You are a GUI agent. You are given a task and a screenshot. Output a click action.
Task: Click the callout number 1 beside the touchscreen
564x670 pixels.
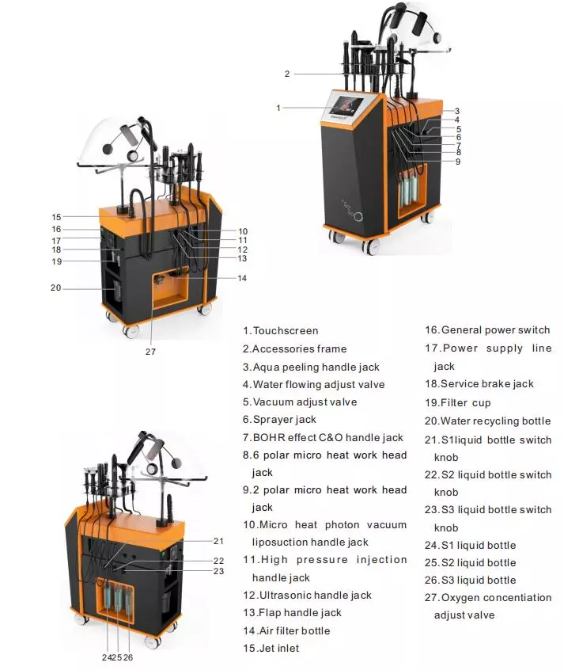[278, 108]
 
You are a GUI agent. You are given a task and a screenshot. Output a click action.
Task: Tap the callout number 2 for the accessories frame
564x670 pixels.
[287, 74]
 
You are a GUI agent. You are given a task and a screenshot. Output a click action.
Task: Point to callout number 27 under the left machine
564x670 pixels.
[150, 352]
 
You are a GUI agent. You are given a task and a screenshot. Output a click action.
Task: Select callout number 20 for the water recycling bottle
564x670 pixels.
[55, 288]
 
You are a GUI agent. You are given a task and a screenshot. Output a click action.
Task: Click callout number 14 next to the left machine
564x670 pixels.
[242, 278]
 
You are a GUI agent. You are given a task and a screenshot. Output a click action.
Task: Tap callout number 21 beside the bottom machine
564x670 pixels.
[218, 542]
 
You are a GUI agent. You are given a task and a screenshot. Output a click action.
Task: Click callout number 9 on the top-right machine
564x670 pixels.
[458, 162]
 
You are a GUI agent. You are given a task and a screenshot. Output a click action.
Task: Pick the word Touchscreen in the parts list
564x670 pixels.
[286, 331]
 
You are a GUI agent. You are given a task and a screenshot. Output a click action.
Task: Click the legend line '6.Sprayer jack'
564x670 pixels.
[279, 420]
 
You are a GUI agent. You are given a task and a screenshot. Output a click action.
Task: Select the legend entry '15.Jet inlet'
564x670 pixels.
[271, 648]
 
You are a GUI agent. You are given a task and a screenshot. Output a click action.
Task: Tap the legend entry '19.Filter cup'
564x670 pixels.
[458, 403]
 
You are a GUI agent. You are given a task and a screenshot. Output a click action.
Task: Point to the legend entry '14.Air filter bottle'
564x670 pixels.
[286, 630]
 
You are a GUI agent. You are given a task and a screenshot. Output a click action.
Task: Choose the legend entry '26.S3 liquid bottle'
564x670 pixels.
[471, 581]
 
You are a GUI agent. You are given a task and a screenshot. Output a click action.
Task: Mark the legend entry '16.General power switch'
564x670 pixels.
[487, 330]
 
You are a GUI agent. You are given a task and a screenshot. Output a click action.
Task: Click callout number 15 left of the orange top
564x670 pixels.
[56, 217]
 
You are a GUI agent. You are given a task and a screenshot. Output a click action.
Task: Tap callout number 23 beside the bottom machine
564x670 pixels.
[218, 571]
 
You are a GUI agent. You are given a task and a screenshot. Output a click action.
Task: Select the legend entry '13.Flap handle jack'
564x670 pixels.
[293, 613]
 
